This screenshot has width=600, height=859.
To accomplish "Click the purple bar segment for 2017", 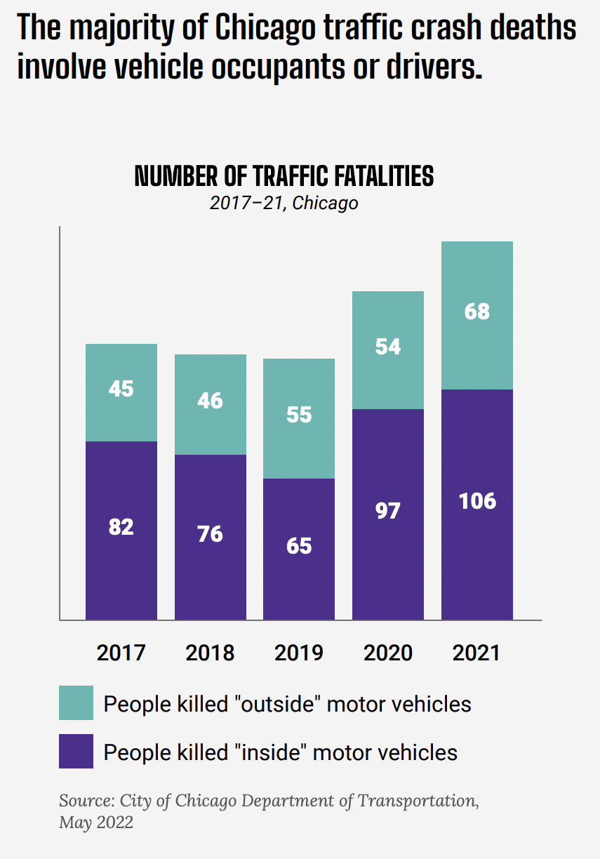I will pos(121,561).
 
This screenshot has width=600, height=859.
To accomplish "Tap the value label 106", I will pos(477,501).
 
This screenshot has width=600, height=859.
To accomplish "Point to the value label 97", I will pos(388,510).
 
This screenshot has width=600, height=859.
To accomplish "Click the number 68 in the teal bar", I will pos(477,311).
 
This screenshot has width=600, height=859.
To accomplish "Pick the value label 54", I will pos(388,346).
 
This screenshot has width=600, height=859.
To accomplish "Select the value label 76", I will pos(210,534).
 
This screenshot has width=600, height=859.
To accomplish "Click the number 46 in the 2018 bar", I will pos(210,401).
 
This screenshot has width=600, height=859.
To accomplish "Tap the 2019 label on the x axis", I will pos(299,653).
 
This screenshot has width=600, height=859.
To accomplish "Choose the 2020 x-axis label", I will pos(388,653).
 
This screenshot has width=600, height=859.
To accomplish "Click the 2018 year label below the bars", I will pos(210,653).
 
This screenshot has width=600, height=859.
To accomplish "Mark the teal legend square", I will pos(76,703).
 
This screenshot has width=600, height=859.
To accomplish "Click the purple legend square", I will pos(76,752).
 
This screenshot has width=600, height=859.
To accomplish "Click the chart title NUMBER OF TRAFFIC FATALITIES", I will pos(284,176).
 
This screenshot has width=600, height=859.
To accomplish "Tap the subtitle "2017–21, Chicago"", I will pos(284,204).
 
